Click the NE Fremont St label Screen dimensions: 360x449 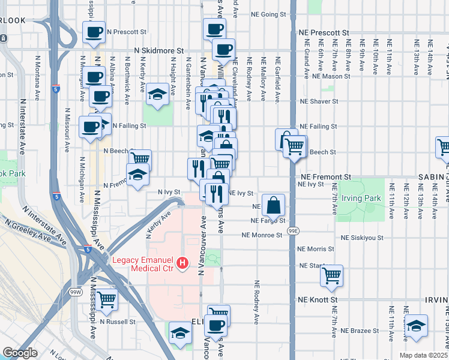pos(325,178)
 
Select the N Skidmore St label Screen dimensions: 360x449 pos(158,53)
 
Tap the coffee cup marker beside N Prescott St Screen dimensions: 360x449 pos(94,32)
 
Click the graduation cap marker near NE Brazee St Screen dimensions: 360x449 pos(416,325)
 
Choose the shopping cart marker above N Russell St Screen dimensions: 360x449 pos(106,299)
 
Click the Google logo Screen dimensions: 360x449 pos(20,353)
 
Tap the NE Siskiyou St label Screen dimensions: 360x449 pos(362,238)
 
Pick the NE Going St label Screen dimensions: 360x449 pos(268,13)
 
